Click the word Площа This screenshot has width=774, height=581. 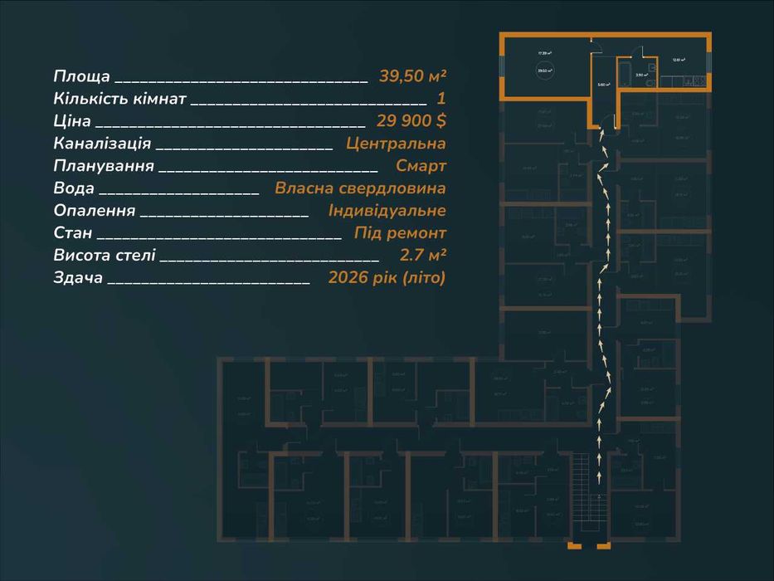coord(81,76)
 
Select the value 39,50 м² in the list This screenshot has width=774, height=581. coord(412,76)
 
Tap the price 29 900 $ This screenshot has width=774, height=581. coord(411,120)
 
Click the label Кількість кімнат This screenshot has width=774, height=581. coord(119,99)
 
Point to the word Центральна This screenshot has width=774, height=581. coord(396,143)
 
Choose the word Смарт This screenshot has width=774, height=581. coord(421,165)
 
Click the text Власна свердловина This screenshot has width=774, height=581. coord(360,188)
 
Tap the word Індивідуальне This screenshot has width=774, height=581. coord(387,210)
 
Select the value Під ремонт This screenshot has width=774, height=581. coord(400,232)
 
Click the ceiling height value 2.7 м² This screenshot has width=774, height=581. coord(422,255)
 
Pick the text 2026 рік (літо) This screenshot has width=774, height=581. coord(387,277)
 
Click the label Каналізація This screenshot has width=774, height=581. coord(101,143)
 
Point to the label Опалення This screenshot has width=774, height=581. coord(94,210)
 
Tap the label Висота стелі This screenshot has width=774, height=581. coord(104,255)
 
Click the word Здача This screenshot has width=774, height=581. coord(78,277)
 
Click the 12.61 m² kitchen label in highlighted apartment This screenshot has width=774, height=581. coord(679,60)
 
